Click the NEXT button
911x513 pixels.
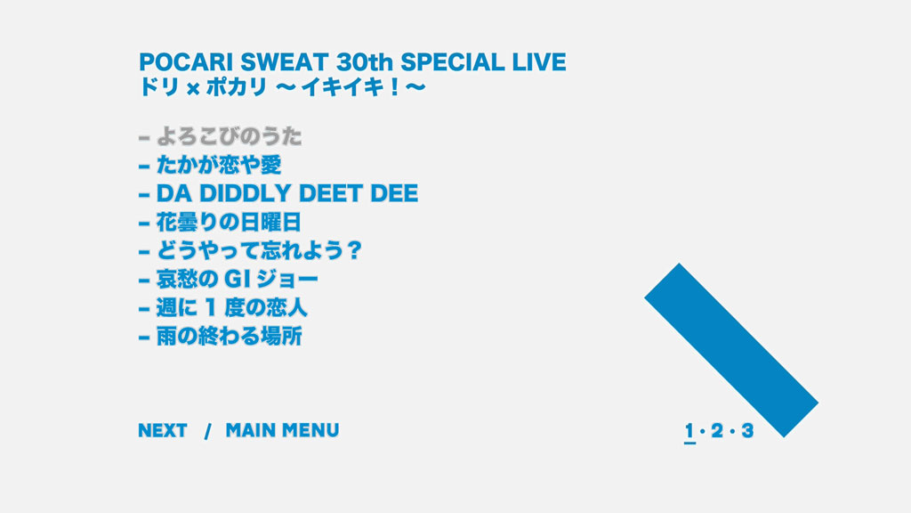[163, 430]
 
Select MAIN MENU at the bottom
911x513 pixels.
[282, 430]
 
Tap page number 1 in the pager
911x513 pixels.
[689, 431]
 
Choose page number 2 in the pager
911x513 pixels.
[718, 431]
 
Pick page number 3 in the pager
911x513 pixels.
[747, 431]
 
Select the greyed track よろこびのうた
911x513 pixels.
[230, 136]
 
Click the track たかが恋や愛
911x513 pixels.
[219, 165]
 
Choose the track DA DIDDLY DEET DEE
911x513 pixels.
[287, 193]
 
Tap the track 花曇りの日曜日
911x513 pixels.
[229, 222]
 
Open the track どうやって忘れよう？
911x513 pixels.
[259, 250]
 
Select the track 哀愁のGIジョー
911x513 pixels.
[238, 279]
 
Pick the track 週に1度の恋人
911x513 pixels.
[232, 307]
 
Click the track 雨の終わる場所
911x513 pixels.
[230, 336]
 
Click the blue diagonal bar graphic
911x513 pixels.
[731, 350]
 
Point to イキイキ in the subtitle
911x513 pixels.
[341, 87]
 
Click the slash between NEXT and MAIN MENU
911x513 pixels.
[207, 431]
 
